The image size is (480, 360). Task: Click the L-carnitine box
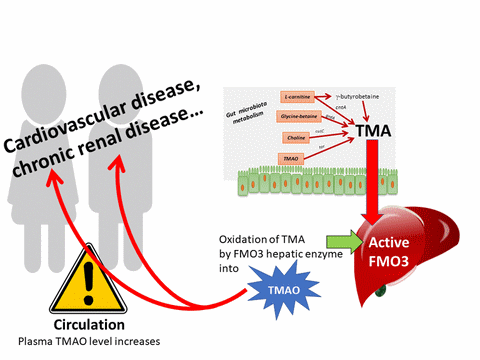coord(299,98)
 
